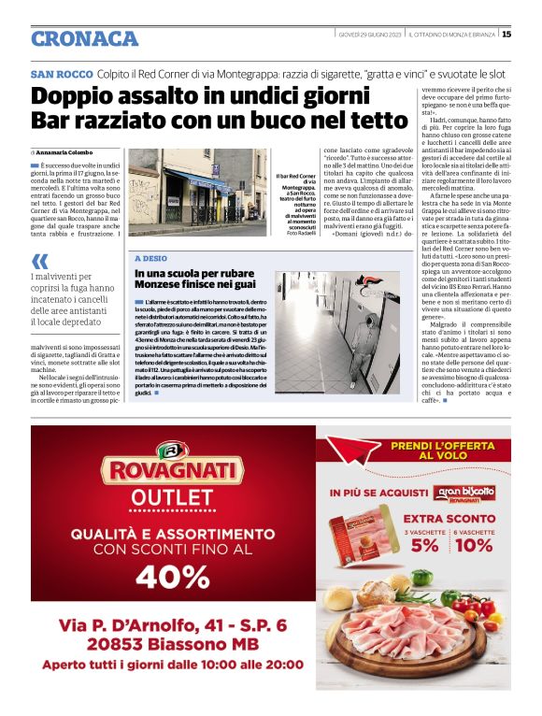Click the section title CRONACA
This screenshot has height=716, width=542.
click(x=84, y=38)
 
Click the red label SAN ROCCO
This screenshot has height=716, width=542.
click(x=61, y=74)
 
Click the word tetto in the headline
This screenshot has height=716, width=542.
click(x=342, y=121)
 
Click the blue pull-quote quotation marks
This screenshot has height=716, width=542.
click(x=40, y=262)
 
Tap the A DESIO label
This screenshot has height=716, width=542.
click(x=152, y=257)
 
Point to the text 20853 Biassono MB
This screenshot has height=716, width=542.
click(x=173, y=643)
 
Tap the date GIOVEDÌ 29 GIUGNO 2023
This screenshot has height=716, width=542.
click(x=370, y=35)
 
